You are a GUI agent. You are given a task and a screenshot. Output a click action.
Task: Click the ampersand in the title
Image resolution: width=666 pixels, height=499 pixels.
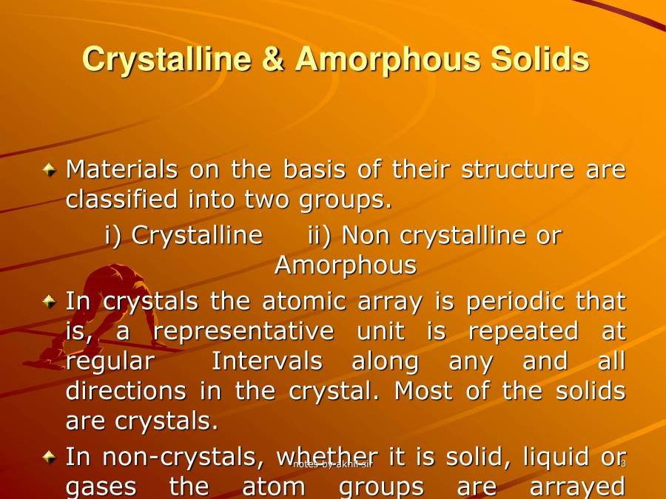click(274, 59)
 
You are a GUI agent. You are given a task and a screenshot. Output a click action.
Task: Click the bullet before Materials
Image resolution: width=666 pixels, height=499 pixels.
click(49, 170)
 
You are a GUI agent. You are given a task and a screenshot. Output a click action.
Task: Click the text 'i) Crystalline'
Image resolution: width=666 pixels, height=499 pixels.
click(184, 235)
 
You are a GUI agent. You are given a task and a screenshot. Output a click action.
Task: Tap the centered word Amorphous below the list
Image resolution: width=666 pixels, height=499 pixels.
click(346, 265)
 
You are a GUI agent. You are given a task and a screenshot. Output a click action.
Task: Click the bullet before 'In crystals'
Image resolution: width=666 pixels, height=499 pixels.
click(49, 302)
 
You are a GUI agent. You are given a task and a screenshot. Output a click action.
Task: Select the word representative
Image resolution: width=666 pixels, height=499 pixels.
click(243, 331)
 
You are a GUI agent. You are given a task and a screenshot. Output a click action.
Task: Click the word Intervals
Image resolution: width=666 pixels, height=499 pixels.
click(267, 361)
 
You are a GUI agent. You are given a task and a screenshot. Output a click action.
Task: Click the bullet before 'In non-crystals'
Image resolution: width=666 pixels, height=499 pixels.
click(49, 458)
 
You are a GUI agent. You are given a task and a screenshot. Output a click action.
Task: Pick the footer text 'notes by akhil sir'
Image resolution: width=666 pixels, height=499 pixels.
click(332, 464)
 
